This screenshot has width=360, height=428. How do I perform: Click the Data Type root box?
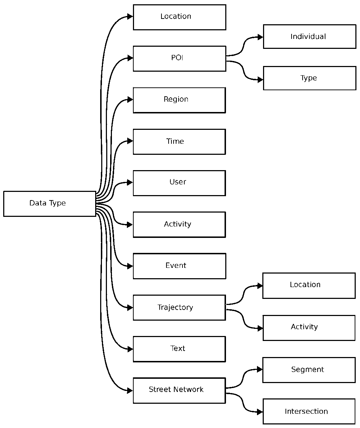50,204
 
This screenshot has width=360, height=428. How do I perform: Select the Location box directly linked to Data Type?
179,17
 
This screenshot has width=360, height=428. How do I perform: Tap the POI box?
179,58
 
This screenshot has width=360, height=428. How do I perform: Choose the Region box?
179,100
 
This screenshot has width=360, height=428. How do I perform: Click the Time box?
179,142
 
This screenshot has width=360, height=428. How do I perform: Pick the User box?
179,183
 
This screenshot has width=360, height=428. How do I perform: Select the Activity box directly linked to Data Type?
179,225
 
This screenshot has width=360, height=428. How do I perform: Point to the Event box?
179,266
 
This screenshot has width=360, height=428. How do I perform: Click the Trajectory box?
179,307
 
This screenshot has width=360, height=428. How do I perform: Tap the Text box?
179,349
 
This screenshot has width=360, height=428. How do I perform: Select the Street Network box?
179,391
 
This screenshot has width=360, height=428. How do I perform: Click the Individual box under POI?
309,36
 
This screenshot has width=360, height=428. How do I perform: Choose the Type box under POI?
309,78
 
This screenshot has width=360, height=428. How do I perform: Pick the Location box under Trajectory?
309,285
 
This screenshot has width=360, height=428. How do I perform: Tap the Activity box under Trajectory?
309,328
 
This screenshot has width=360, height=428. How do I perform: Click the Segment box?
309,370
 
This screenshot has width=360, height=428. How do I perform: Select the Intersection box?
309,412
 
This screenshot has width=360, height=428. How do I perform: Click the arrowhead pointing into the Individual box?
261,37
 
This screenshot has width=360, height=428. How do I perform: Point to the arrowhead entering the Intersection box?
260,412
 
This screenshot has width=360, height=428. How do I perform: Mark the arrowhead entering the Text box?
130,349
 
